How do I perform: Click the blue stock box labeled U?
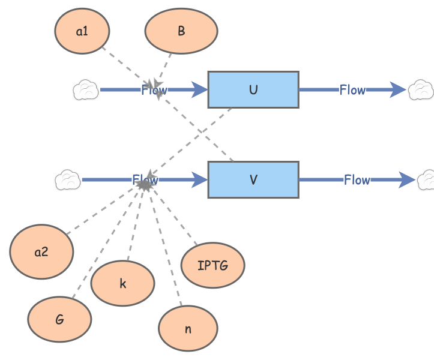(x=253, y=89)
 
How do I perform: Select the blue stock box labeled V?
(x=253, y=179)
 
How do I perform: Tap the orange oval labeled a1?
(x=82, y=31)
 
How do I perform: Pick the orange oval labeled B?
(x=181, y=31)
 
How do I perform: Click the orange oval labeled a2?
(x=41, y=252)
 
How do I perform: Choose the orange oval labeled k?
(x=122, y=283)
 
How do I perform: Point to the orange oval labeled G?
(x=59, y=320)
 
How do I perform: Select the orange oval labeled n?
(x=188, y=329)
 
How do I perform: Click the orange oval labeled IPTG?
(x=212, y=265)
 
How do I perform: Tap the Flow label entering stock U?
(x=154, y=91)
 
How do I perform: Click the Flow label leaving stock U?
(x=352, y=90)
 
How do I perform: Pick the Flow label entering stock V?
(x=145, y=179)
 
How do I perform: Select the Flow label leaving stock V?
(x=357, y=179)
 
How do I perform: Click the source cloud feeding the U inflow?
(x=86, y=90)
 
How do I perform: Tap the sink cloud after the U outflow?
(x=421, y=90)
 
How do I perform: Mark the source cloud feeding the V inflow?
(x=68, y=179)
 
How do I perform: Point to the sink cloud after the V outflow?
(x=427, y=179)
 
